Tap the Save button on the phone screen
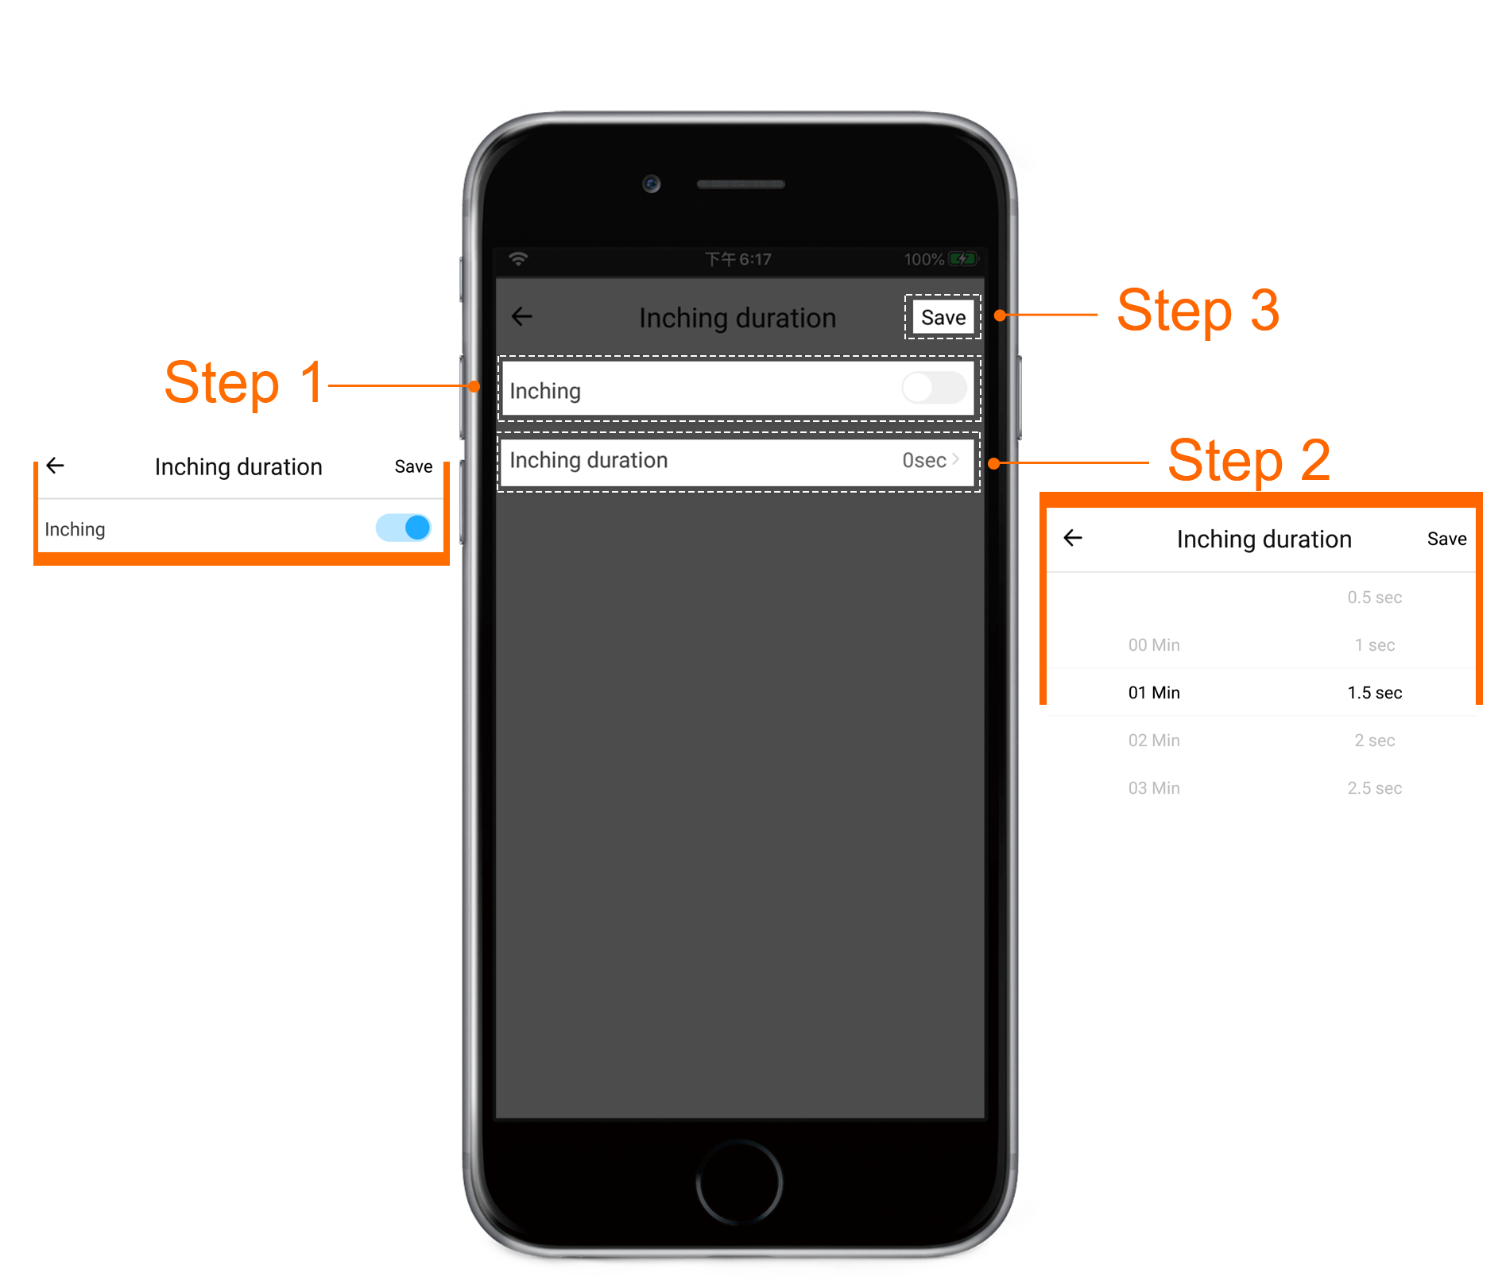click(x=943, y=317)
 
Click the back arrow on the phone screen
click(x=522, y=316)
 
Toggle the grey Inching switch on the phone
click(x=934, y=388)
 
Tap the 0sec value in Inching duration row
click(x=924, y=460)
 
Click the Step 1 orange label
click(x=244, y=383)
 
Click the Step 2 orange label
click(x=1249, y=461)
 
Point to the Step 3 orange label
click(x=1198, y=311)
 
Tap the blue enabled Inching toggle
click(x=404, y=528)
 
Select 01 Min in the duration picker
click(x=1154, y=693)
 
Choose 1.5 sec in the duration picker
click(x=1375, y=693)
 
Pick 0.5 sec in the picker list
click(x=1375, y=598)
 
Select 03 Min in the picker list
click(x=1154, y=788)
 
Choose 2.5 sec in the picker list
click(x=1375, y=788)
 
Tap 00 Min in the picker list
click(x=1154, y=645)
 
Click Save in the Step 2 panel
click(x=1447, y=539)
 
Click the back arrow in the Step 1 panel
click(x=56, y=465)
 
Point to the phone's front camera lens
click(x=652, y=184)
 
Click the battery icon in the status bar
click(x=963, y=259)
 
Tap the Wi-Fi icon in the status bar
click(x=518, y=259)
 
